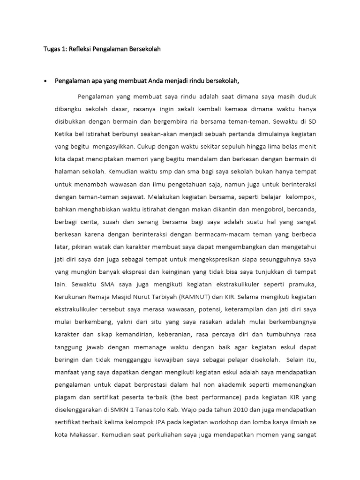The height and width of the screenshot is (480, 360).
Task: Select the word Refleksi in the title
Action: [x=81, y=49]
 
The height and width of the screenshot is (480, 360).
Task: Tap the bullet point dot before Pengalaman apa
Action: [x=45, y=81]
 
